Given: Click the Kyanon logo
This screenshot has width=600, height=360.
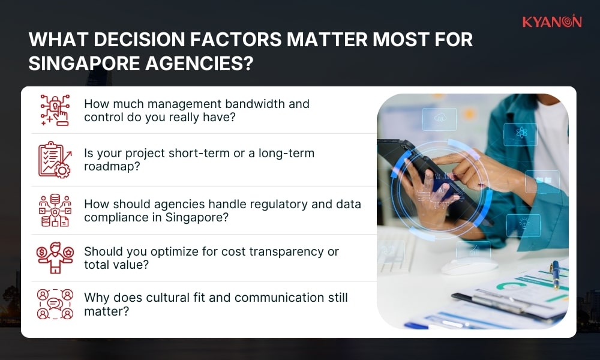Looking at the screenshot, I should [x=551, y=22].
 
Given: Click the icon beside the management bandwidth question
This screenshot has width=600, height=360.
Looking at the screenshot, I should [x=55, y=110].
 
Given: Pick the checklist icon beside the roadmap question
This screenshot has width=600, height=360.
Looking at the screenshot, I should [x=55, y=160].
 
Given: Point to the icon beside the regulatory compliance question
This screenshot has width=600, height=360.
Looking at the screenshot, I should [x=55, y=210].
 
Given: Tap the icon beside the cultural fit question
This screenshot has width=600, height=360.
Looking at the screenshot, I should [x=55, y=304].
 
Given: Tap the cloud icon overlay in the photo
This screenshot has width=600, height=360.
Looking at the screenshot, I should [x=439, y=119].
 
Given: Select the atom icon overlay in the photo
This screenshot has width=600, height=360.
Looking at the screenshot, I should [x=520, y=134].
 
